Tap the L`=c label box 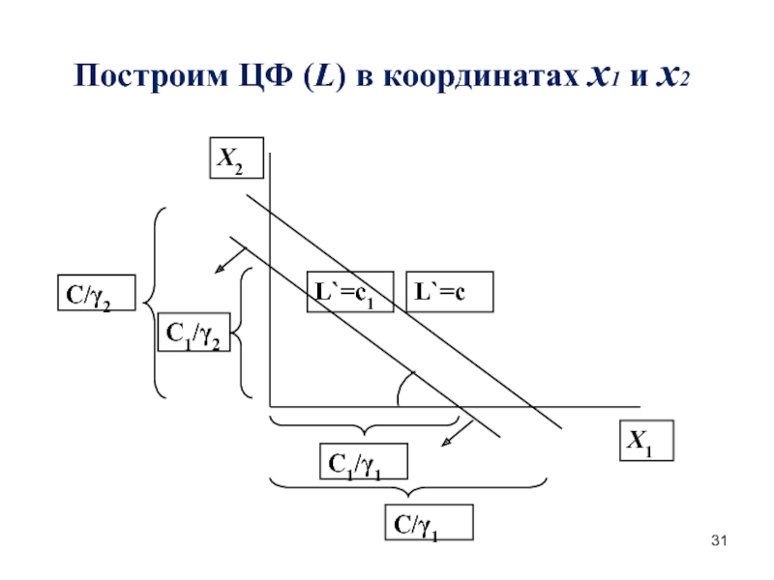448,292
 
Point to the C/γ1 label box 429,522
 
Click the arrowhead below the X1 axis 447,442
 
